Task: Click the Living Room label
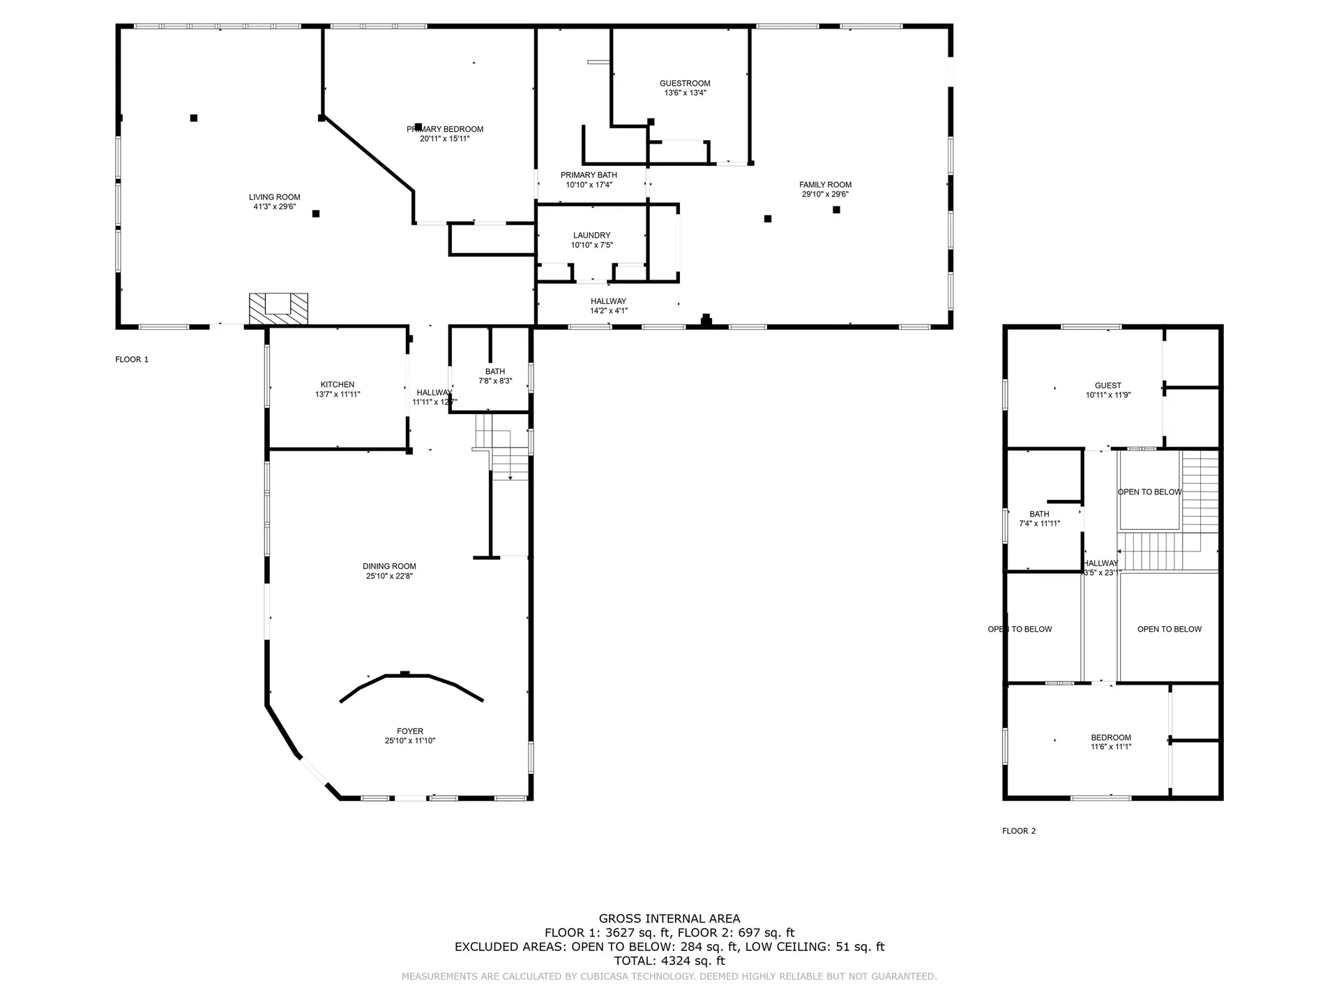274,197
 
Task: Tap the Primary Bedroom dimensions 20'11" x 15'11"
444,139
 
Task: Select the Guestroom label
685,84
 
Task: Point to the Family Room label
825,185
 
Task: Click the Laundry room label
591,236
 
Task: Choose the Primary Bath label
589,175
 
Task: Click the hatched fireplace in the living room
278,309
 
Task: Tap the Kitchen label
338,385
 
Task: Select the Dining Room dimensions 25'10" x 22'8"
389,577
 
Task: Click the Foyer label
410,731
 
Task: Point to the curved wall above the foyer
411,679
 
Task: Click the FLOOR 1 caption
132,360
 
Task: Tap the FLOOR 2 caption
1019,831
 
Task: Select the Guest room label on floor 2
1107,386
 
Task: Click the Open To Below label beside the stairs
1149,492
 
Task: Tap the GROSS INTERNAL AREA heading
669,919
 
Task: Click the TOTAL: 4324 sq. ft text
669,961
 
